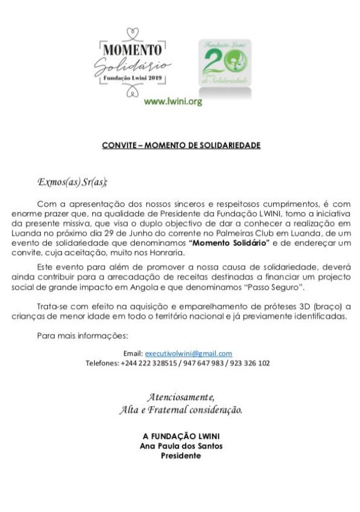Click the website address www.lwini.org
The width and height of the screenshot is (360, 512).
173,102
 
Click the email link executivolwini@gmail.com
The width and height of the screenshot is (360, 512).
189,354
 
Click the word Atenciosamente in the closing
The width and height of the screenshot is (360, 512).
180,397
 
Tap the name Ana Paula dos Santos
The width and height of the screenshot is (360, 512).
181,447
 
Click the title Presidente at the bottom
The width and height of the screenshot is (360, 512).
181,456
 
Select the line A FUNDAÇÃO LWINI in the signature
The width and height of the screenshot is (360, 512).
181,438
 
